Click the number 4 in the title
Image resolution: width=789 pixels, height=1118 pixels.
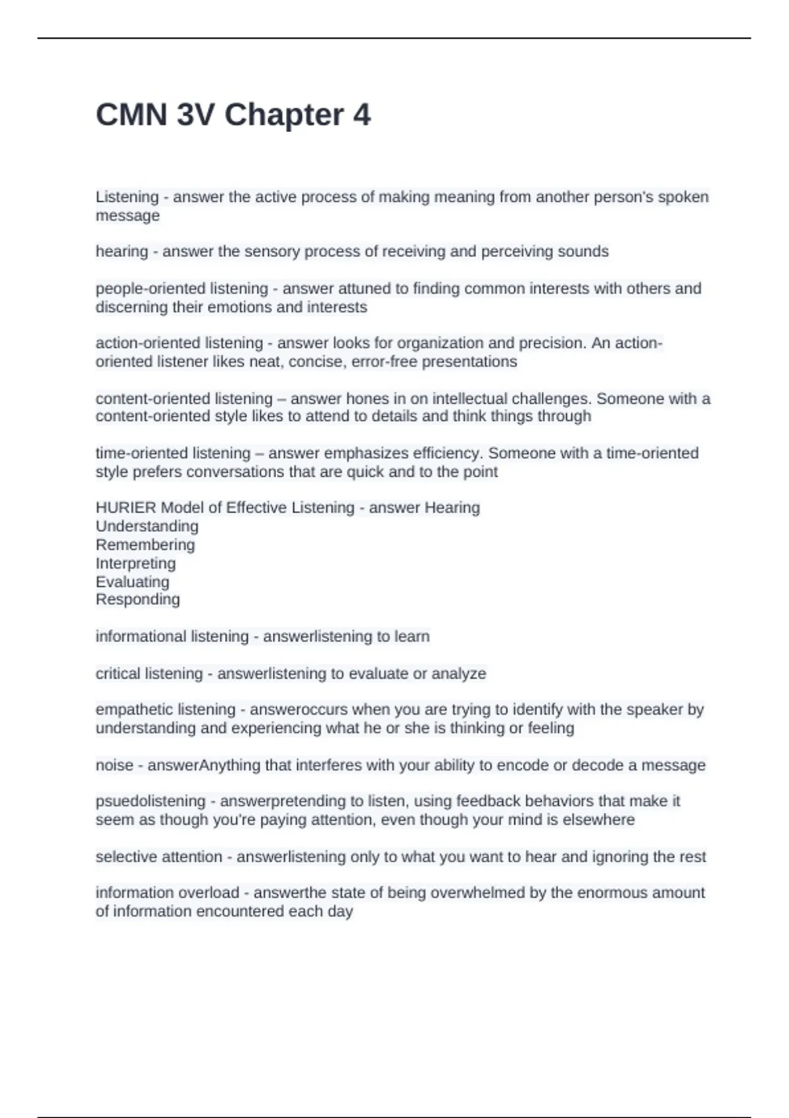point(362,115)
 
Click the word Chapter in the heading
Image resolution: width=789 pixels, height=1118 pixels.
point(284,115)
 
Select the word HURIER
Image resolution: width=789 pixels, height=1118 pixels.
point(126,508)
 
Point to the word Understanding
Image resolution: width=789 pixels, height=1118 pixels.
point(147,526)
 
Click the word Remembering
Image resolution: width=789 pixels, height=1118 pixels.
point(145,545)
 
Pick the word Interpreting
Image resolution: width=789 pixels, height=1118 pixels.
point(135,564)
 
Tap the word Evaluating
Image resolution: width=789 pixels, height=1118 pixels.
point(132,582)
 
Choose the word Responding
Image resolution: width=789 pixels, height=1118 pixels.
point(137,599)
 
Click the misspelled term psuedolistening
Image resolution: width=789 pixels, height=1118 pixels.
point(151,801)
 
